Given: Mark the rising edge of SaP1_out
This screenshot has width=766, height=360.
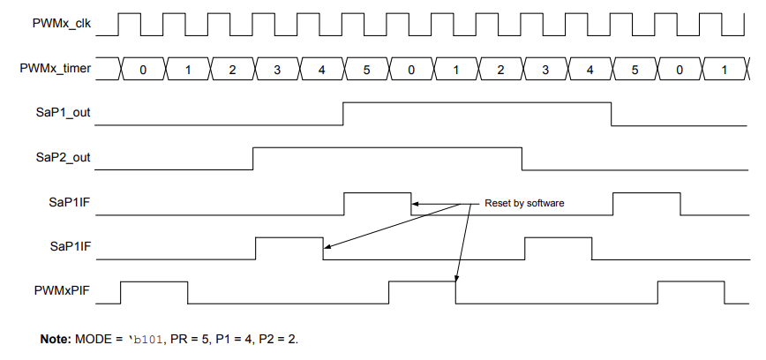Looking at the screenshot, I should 343,114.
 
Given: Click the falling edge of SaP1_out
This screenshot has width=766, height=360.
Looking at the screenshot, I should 612,114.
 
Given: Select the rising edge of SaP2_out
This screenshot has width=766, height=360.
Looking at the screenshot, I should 254,159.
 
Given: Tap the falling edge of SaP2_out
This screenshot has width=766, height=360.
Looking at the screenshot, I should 522,159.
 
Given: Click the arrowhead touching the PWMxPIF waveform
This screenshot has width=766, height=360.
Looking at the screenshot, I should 456,279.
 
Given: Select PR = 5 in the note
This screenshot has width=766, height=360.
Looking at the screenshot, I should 188,339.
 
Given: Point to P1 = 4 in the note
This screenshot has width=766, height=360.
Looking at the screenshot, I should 231,339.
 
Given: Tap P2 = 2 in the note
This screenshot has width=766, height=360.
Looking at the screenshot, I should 276,339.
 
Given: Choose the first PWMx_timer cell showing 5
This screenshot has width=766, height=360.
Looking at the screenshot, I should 366,70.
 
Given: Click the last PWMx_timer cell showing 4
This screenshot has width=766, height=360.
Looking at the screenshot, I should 590,70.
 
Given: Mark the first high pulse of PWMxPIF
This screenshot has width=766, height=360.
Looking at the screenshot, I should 154,292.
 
